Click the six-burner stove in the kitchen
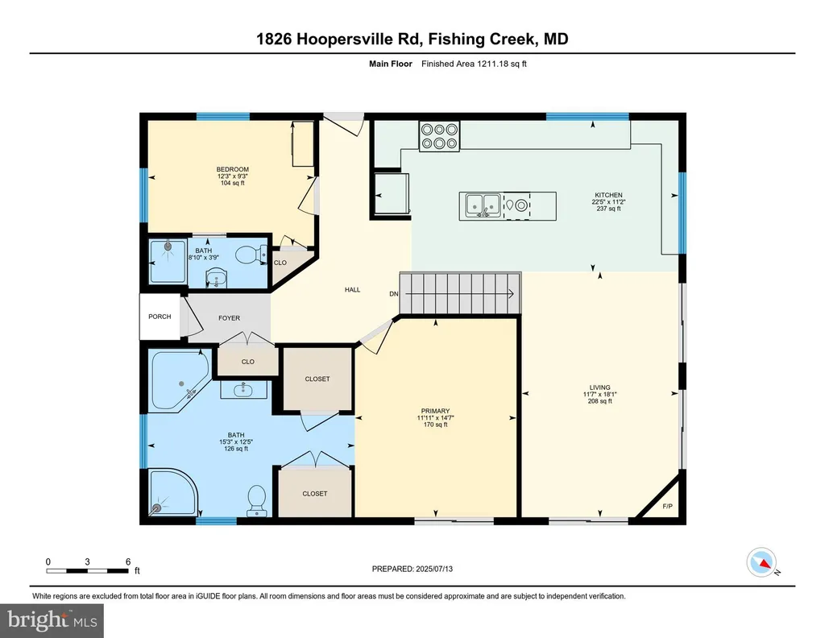439,136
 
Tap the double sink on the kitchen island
483,205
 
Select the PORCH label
160,317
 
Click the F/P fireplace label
667,507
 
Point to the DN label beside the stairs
394,294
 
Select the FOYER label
229,318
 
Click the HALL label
353,290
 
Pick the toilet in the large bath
257,500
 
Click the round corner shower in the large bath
172,493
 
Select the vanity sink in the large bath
243,389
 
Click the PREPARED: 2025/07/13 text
412,569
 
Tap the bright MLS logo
52,620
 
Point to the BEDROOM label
233,169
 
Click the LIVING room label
599,387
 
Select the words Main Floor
391,64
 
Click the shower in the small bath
168,262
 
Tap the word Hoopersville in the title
358,39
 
